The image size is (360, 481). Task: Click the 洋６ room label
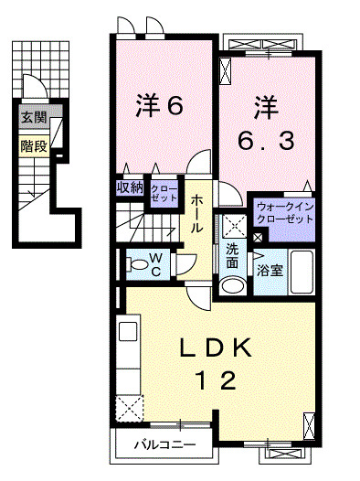162,106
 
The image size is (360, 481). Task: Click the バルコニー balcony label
164,446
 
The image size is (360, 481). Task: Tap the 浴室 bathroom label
269,271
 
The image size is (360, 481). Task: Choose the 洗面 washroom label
233,255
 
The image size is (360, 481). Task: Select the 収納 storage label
130,187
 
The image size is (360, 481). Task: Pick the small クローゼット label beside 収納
164,192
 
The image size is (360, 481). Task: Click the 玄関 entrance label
33,117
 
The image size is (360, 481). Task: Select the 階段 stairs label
33,144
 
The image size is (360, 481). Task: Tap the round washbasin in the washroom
235,284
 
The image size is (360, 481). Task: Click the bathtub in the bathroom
302,272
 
